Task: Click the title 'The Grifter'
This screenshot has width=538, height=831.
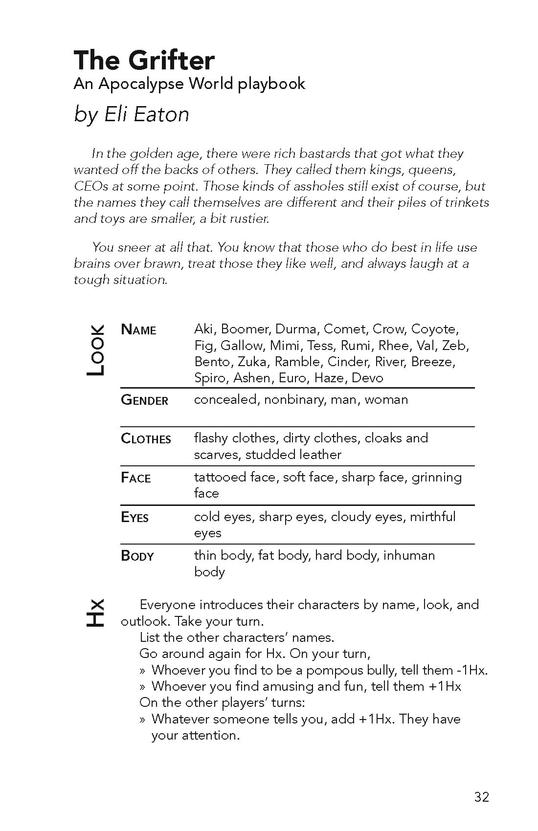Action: pyautogui.click(x=144, y=61)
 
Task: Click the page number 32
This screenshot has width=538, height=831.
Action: pyautogui.click(x=481, y=797)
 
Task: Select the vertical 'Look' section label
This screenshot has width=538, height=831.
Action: pyautogui.click(x=95, y=350)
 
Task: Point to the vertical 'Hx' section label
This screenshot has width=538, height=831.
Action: pyautogui.click(x=94, y=612)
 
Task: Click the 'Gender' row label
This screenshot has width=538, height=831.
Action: pyautogui.click(x=144, y=400)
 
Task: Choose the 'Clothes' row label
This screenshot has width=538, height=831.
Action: pyautogui.click(x=146, y=439)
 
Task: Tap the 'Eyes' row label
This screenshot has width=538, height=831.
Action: pyautogui.click(x=134, y=517)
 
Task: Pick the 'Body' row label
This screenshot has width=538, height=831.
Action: pyautogui.click(x=137, y=556)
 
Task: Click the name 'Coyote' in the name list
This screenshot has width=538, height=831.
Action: pyautogui.click(x=433, y=329)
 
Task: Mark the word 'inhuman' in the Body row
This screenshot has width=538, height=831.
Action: pyautogui.click(x=409, y=555)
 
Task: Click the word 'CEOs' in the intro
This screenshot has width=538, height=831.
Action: pyautogui.click(x=88, y=186)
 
